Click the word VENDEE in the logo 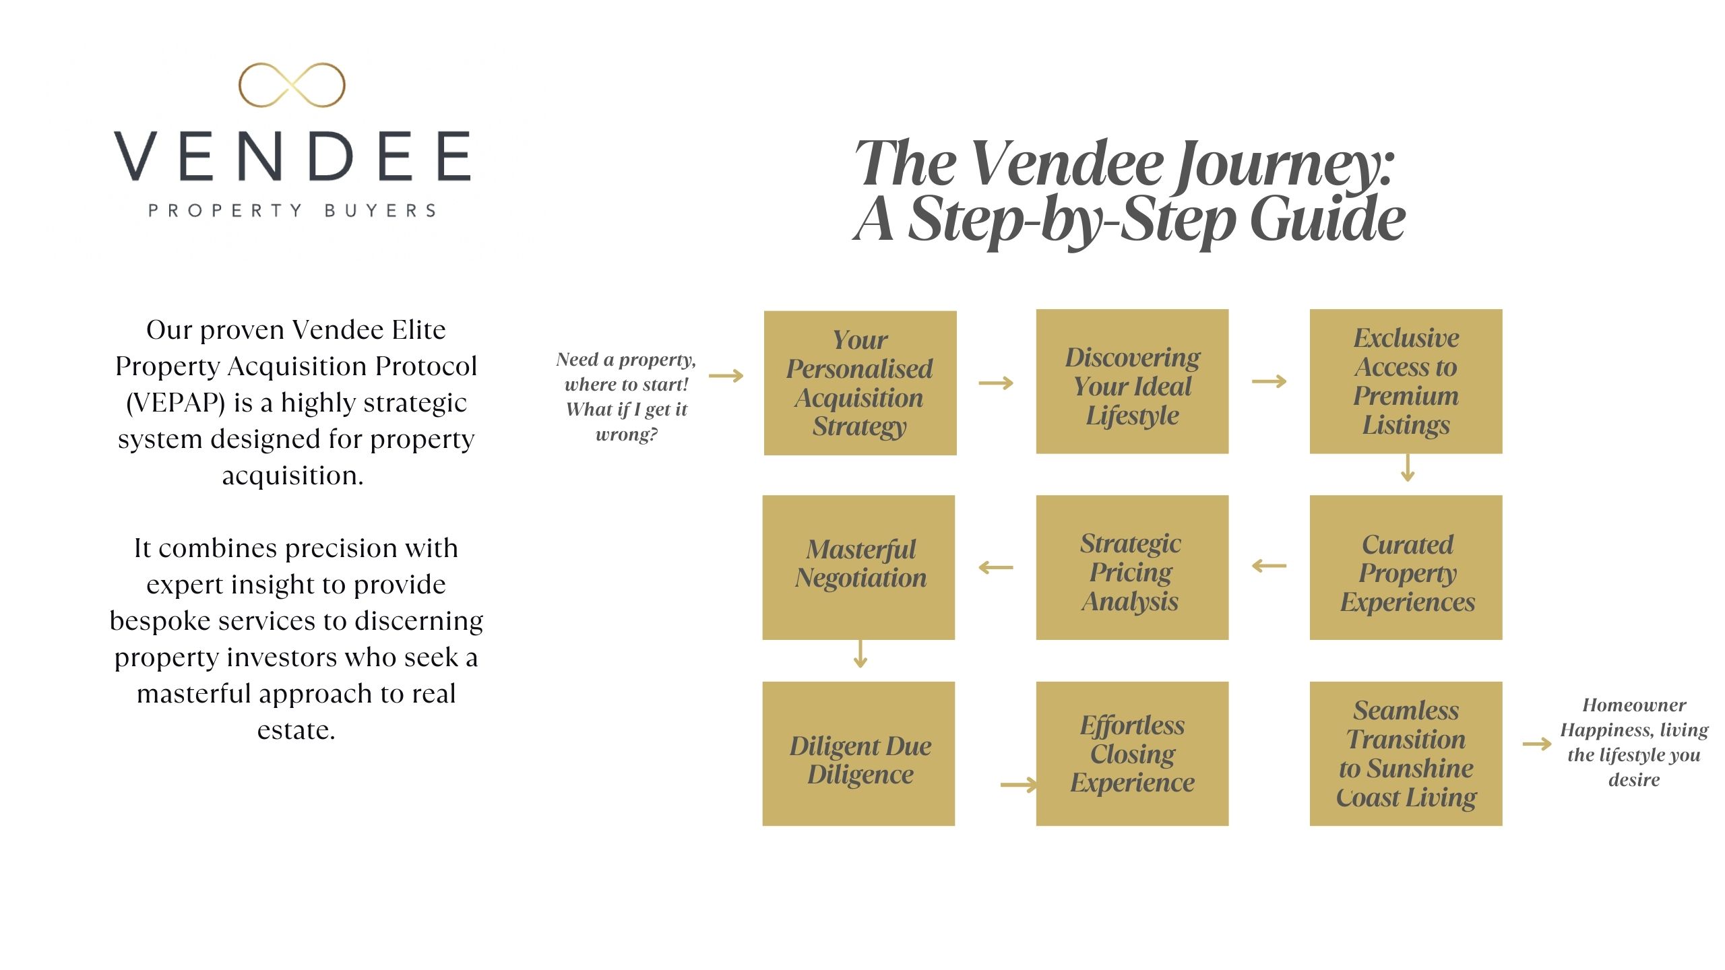[292, 156]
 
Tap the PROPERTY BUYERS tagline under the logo [292, 211]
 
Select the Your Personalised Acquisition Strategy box [860, 383]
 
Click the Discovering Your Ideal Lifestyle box [1132, 381]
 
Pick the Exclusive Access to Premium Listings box [1406, 381]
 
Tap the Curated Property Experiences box [1406, 567]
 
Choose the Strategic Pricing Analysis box [1132, 567]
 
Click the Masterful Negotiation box [858, 567]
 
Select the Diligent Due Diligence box [858, 754]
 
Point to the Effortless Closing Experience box [1132, 754]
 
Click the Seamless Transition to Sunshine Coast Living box [1406, 754]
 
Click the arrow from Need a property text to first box [726, 376]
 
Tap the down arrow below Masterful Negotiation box [860, 654]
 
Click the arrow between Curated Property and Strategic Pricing [1269, 566]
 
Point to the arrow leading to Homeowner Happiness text [1537, 744]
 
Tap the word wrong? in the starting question [627, 434]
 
